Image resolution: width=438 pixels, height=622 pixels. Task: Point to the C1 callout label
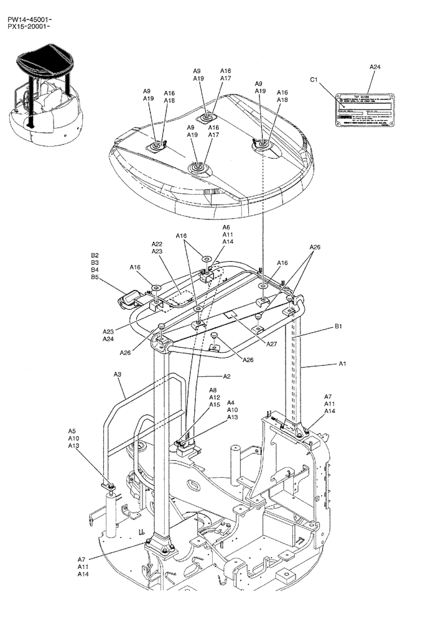point(314,80)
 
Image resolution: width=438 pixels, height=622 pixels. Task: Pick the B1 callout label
point(338,326)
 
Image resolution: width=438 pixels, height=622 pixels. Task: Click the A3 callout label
point(118,374)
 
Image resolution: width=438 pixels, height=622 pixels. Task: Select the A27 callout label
point(272,344)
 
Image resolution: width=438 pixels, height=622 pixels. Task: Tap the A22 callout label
point(157,244)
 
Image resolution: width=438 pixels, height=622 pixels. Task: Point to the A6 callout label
point(226,228)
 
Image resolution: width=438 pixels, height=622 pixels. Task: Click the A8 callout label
point(213,390)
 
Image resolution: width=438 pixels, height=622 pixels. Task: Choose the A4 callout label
point(231,402)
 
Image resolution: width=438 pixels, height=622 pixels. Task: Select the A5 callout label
point(73,430)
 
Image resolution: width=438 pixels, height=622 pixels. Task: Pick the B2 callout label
point(95,255)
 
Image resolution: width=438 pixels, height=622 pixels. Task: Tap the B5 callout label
point(95,277)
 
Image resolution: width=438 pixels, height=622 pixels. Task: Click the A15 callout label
point(214,405)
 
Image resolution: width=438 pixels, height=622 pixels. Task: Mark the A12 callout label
point(214,397)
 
